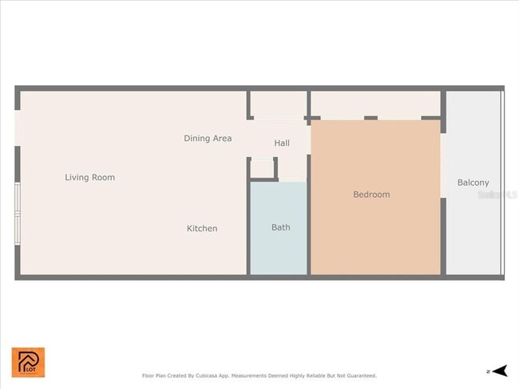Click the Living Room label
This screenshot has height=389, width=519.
[89, 177]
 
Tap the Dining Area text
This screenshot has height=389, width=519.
[208, 138]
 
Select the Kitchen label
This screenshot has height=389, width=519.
[202, 229]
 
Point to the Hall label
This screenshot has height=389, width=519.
[282, 143]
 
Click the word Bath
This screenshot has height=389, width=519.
[281, 227]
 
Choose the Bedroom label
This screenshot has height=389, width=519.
[371, 194]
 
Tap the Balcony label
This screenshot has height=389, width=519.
[473, 183]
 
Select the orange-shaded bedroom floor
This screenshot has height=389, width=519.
[375, 231]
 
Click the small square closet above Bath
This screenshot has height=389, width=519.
[263, 167]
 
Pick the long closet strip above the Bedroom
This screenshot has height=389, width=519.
[374, 104]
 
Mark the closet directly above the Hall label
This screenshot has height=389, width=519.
[278, 104]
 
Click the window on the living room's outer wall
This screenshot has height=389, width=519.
[18, 214]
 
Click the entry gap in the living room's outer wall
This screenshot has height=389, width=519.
[18, 128]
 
